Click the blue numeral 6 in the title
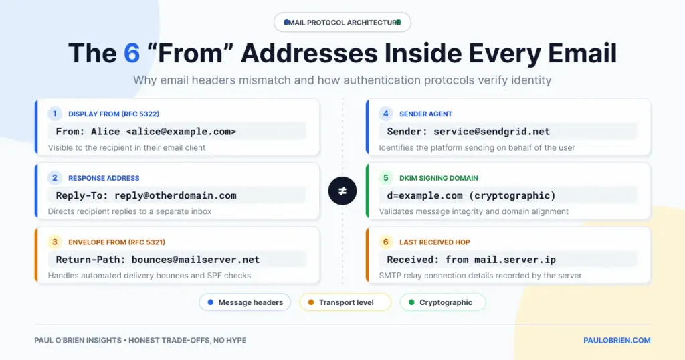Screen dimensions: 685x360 click(132, 54)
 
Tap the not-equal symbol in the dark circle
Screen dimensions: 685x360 click(342, 191)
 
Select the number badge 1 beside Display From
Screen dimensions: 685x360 click(55, 114)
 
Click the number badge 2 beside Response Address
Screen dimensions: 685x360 click(55, 178)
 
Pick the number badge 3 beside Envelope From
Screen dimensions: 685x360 click(55, 242)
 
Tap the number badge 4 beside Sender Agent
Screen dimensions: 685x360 click(386, 114)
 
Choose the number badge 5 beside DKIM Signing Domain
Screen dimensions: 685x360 click(386, 178)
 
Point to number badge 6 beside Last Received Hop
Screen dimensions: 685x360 click(386, 242)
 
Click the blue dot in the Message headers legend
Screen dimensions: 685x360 click(211, 302)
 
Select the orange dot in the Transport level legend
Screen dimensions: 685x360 click(311, 302)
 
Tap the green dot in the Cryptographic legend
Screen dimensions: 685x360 click(411, 302)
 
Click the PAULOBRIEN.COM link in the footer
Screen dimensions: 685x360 click(617, 341)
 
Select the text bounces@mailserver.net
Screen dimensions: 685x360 click(196, 260)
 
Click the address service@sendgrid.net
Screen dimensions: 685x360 click(492, 132)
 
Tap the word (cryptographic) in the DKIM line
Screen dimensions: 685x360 click(512, 196)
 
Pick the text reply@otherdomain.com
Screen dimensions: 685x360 click(176, 196)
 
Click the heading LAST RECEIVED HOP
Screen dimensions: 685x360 click(435, 242)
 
